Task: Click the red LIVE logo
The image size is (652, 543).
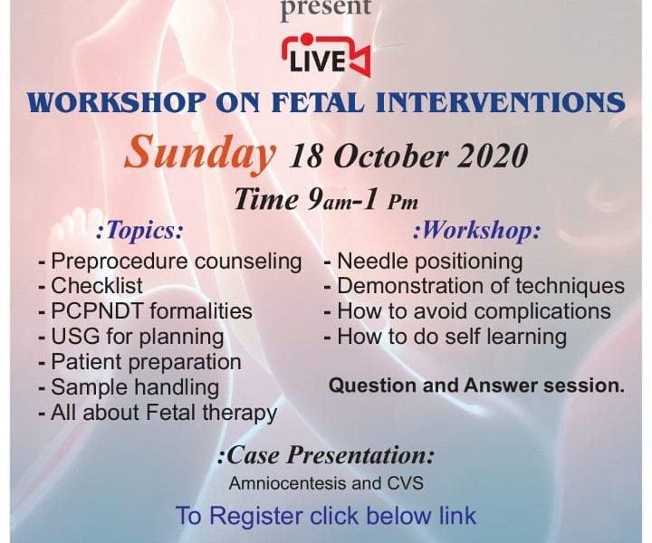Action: (x=326, y=56)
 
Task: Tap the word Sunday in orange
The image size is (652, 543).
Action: (x=199, y=155)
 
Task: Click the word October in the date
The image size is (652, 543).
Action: (x=391, y=157)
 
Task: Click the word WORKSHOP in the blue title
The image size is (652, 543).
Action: (x=118, y=102)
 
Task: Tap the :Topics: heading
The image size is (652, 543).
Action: (x=139, y=231)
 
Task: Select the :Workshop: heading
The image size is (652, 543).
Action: (x=477, y=231)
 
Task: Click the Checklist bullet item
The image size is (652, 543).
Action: (x=91, y=286)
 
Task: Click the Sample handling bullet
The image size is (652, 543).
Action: (x=129, y=387)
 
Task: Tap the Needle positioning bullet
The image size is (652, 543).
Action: (x=423, y=262)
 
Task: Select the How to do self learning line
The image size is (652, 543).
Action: (x=446, y=337)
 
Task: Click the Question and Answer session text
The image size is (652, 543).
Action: (x=476, y=386)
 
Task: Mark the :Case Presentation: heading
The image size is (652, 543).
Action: (x=326, y=455)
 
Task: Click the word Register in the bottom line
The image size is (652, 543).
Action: (x=255, y=516)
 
